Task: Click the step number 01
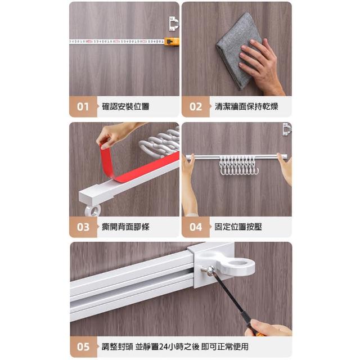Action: (83, 107)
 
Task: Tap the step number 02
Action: (196, 107)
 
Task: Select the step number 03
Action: (83, 227)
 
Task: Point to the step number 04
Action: (196, 227)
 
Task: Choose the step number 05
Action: (83, 346)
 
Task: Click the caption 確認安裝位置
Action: (125, 106)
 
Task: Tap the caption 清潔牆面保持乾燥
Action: (246, 106)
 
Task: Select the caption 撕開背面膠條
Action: (125, 227)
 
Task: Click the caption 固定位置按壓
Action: (238, 227)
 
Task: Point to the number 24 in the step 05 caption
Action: (164, 346)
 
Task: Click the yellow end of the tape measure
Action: (172, 42)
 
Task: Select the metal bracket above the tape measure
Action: (173, 24)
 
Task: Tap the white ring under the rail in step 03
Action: (92, 210)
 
